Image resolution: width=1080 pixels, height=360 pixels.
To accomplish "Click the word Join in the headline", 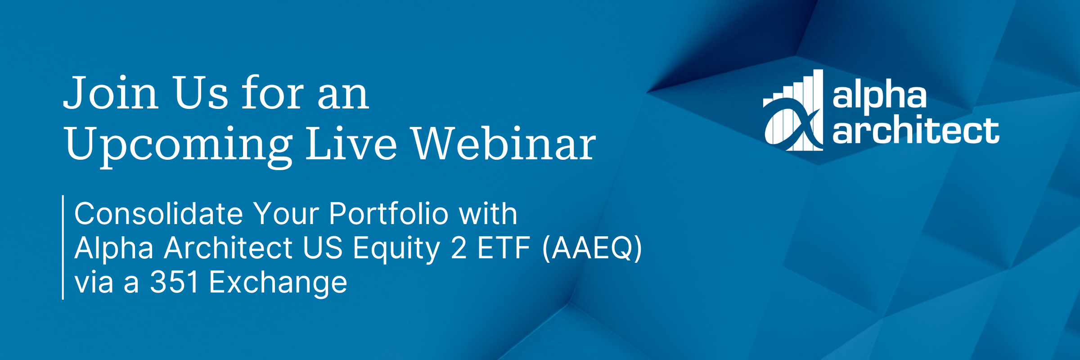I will pyautogui.click(x=111, y=93).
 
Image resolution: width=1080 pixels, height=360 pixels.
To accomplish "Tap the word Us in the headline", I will pyautogui.click(x=201, y=93).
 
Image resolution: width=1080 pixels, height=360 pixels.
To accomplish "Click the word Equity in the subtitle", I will pyautogui.click(x=396, y=248).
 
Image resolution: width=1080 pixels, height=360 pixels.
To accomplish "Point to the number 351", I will pyautogui.click(x=175, y=283).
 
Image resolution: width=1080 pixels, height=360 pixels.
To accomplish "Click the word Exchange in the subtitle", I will pyautogui.click(x=278, y=283).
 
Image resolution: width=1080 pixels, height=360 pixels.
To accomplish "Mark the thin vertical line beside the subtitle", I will pyautogui.click(x=63, y=247).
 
